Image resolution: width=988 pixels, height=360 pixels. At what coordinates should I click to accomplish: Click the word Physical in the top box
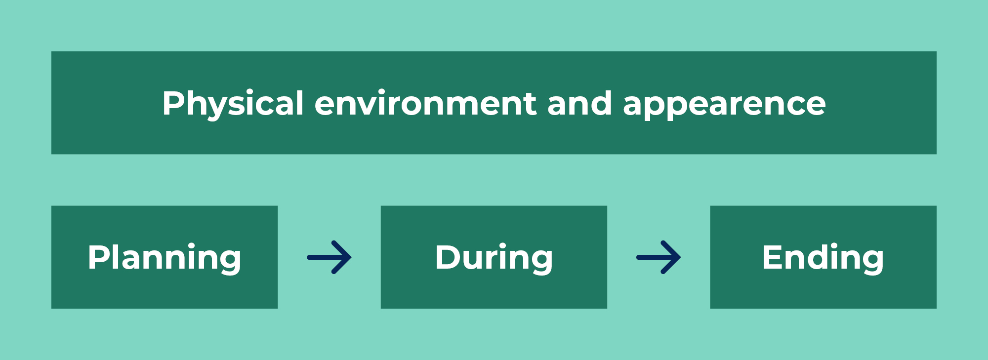(233, 104)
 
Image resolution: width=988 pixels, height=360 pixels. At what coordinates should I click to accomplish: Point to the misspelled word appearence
(724, 105)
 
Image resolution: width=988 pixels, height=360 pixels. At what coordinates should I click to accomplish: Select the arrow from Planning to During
(329, 257)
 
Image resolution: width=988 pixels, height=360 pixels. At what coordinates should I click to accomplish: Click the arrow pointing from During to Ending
(659, 257)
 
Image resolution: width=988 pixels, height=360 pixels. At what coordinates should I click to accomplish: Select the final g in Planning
(229, 262)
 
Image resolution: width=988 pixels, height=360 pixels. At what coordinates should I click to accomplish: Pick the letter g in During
(540, 262)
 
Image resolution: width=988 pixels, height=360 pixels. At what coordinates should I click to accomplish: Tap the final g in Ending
(871, 262)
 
